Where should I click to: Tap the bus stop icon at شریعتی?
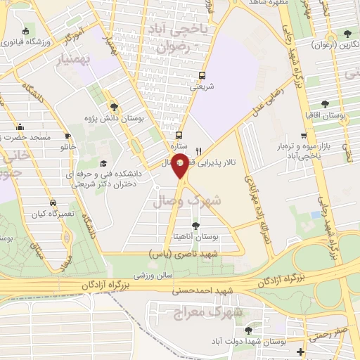click(203, 76)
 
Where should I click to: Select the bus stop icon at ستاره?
click(179, 135)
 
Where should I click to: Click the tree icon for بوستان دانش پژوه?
click(115, 106)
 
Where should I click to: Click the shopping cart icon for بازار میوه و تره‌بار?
click(304, 136)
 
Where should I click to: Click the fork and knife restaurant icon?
click(199, 150)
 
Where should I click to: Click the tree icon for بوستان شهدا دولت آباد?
click(247, 329)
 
